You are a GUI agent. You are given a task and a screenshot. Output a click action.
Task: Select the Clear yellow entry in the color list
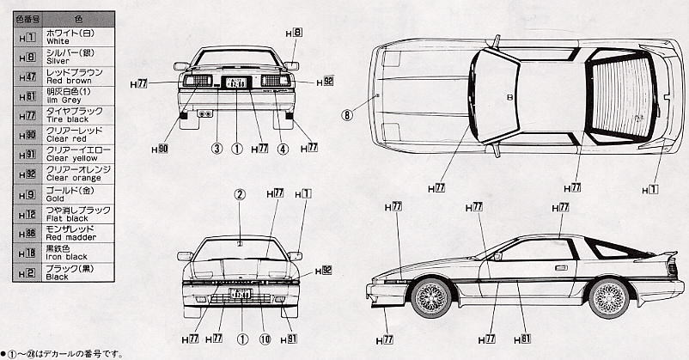[66, 157]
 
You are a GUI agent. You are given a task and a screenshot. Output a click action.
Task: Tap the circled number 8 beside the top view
[347, 113]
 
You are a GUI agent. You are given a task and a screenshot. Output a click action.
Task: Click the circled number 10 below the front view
[265, 339]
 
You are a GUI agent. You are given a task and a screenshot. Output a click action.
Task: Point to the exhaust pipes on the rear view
[205, 113]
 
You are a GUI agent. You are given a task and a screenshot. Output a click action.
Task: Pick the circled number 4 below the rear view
[282, 148]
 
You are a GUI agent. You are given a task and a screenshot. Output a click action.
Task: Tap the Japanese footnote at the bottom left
[64, 353]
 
